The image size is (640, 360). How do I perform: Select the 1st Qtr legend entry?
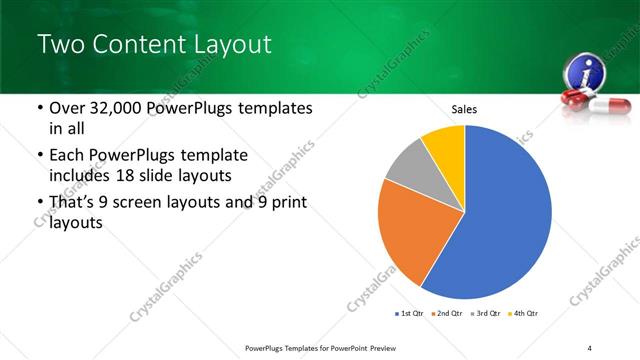[410, 314]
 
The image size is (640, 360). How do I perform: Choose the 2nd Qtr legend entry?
[447, 314]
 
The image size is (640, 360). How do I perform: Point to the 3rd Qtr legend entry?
[486, 314]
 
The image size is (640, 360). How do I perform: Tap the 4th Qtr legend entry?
[524, 314]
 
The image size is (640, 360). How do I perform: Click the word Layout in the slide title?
[228, 44]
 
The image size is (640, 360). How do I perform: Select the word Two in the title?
[59, 44]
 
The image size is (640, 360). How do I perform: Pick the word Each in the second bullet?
[68, 156]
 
